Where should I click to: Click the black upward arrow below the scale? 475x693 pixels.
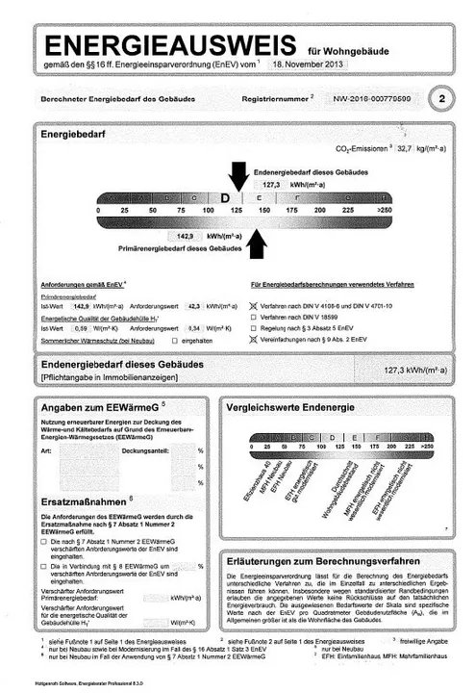(x=257, y=245)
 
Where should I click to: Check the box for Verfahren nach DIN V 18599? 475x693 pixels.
(x=253, y=316)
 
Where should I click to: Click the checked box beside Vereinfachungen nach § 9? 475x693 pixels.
(x=253, y=339)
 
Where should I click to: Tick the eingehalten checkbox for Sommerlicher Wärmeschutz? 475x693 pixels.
(x=174, y=340)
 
